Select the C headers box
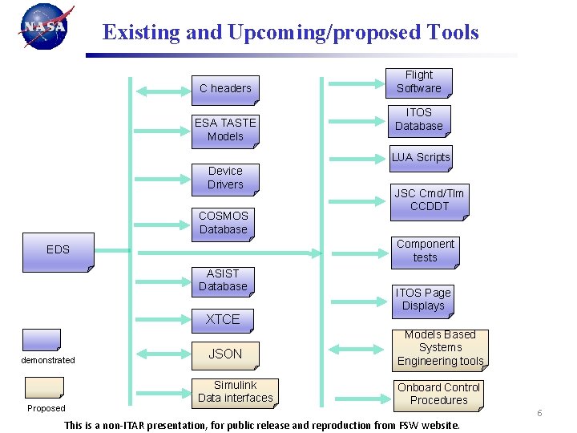click(225, 88)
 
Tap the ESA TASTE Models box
click(225, 129)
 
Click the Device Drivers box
click(225, 178)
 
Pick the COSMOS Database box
click(224, 223)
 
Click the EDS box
click(59, 249)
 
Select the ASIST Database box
click(223, 280)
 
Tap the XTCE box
click(223, 319)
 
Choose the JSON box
click(225, 354)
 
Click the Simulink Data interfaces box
click(235, 392)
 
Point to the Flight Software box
click(418, 82)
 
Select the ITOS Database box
click(418, 119)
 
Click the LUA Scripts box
click(421, 157)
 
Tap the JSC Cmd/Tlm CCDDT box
click(429, 200)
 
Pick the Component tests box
click(425, 251)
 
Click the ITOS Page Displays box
click(422, 299)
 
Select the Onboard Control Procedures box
click(438, 394)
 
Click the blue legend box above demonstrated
click(42, 338)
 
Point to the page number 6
click(539, 413)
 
